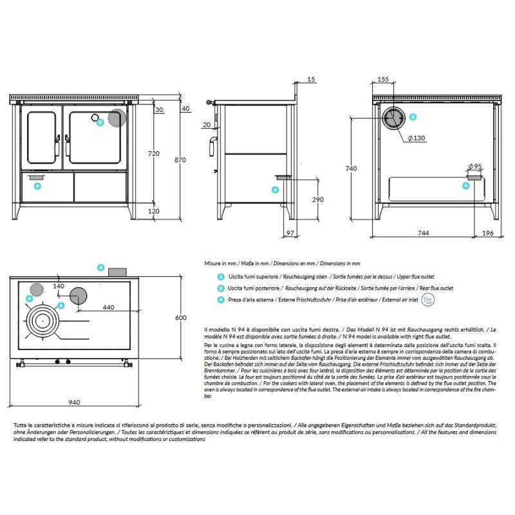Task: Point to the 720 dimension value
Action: [x=153, y=154]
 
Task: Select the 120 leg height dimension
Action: [x=153, y=211]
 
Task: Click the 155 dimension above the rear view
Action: [x=382, y=79]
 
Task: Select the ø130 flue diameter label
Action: [x=417, y=138]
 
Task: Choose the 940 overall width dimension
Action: [x=73, y=402]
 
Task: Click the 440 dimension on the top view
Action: [x=108, y=307]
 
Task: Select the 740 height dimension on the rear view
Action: [x=351, y=169]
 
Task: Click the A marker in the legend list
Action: [x=221, y=276]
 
